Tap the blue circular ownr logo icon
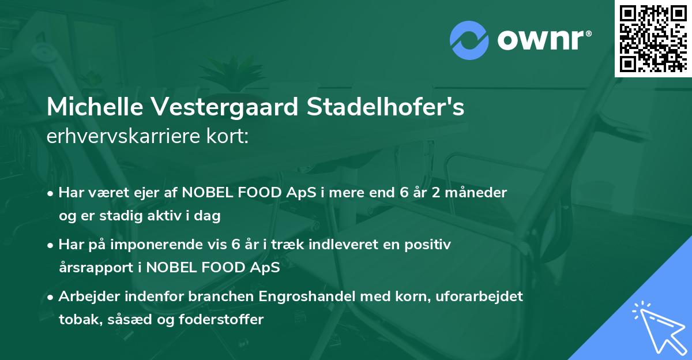point(469,41)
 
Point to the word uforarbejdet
point(486,297)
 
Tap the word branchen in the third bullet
point(219,297)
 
